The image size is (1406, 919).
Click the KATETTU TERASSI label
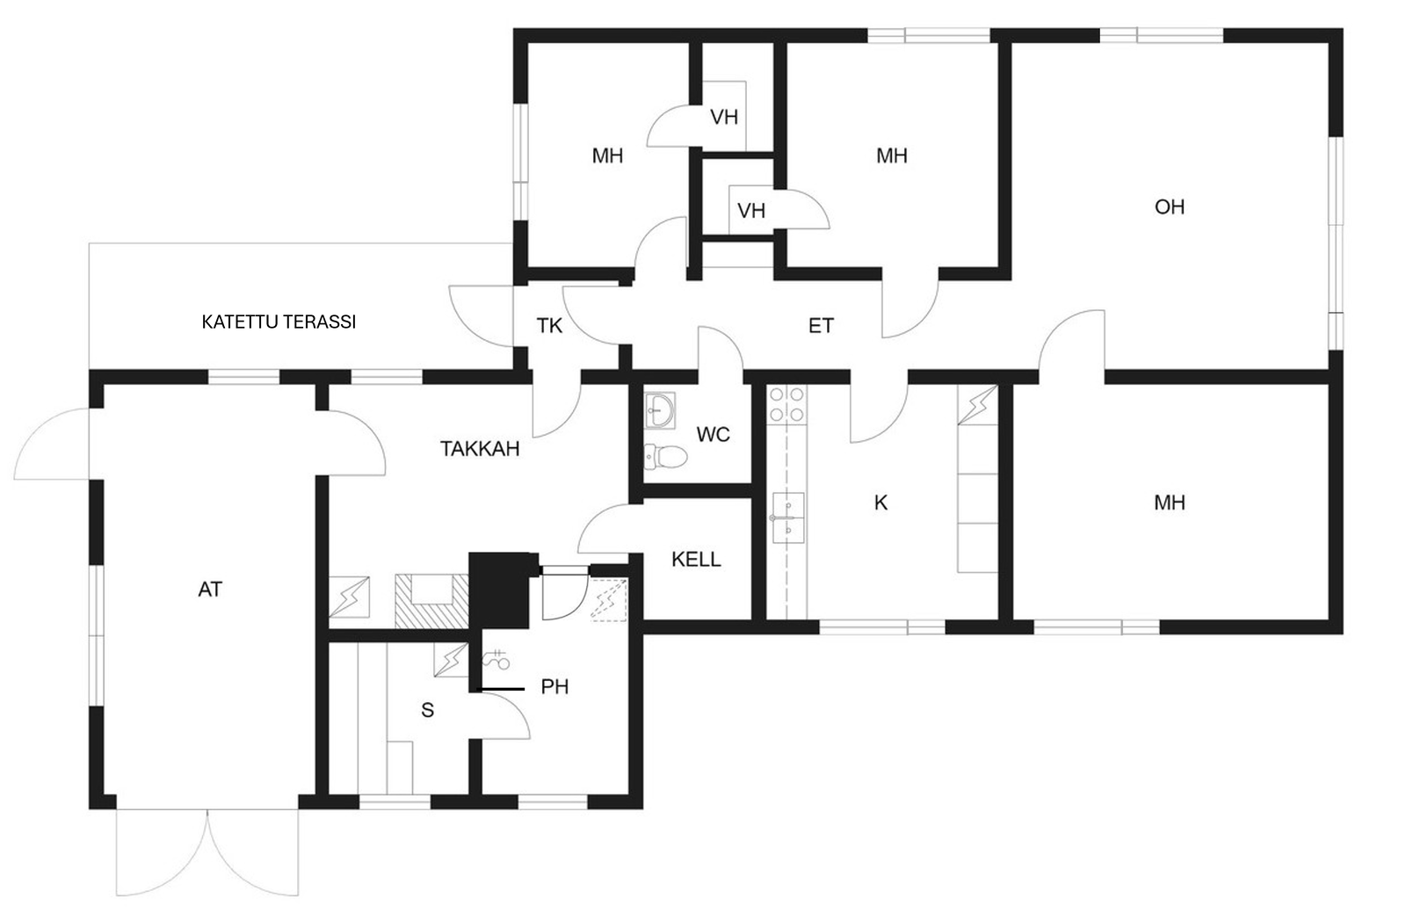pyautogui.click(x=279, y=322)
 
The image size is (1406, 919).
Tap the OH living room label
pyautogui.click(x=1170, y=206)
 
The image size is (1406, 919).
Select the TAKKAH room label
pyautogui.click(x=480, y=449)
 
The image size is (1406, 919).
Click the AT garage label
pyautogui.click(x=210, y=590)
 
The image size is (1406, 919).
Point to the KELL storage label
pyautogui.click(x=696, y=560)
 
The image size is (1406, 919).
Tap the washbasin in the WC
pyautogui.click(x=660, y=410)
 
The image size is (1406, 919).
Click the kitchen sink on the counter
pyautogui.click(x=788, y=519)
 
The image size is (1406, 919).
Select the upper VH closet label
pyautogui.click(x=724, y=117)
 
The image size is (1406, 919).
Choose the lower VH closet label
pyautogui.click(x=751, y=211)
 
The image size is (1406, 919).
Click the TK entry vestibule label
pyautogui.click(x=549, y=326)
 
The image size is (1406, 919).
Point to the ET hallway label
pyautogui.click(x=821, y=326)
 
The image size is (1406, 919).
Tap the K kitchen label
pyautogui.click(x=881, y=503)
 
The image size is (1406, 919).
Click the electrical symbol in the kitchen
pyautogui.click(x=977, y=405)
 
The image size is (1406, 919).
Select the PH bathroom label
pyautogui.click(x=554, y=686)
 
